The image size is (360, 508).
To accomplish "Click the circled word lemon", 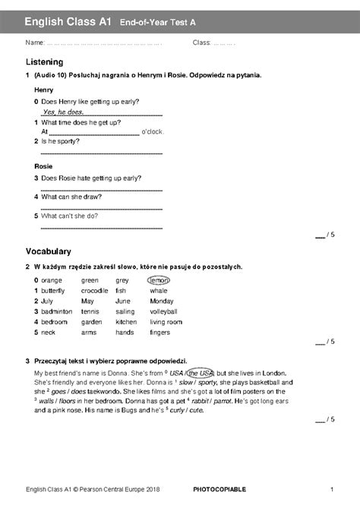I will (159, 280).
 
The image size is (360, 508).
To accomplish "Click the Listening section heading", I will (44, 62).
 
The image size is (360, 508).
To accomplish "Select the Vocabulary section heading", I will (48, 251).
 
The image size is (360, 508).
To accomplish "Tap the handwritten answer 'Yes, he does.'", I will (63, 112).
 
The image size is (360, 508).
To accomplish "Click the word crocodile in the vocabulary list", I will (95, 291).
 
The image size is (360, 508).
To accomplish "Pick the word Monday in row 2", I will (162, 301).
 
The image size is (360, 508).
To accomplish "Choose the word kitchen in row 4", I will (126, 322).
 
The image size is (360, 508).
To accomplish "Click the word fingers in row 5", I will (160, 333).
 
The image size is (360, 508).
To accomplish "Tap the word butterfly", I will (53, 291).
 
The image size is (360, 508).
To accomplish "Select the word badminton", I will (57, 311).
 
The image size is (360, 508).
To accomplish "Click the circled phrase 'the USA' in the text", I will (201, 374).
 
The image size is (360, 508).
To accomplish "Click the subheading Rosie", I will (43, 166).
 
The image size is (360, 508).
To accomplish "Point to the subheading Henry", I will (44, 90).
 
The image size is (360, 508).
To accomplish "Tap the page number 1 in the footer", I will (332, 487).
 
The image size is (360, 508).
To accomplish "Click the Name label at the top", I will (35, 43).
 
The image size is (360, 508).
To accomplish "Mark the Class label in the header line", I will (201, 43).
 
